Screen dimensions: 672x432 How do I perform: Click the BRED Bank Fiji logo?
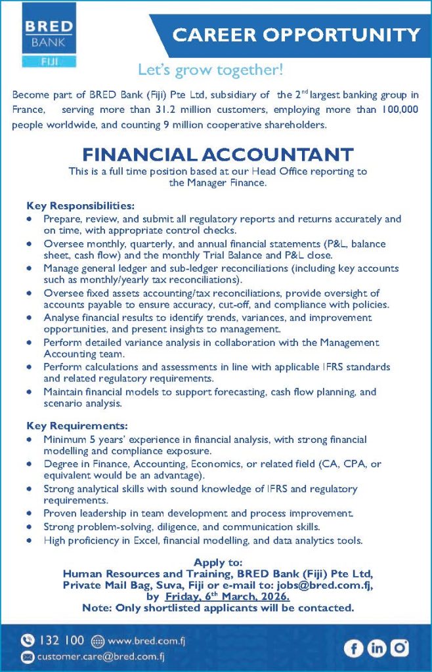pos(49,36)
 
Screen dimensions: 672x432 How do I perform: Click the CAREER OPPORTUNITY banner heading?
pos(296,35)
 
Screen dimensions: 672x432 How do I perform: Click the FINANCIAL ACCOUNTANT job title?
pos(217,155)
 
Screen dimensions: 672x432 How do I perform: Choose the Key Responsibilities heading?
pos(80,205)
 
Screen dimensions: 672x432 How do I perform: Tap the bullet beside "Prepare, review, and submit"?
pos(30,219)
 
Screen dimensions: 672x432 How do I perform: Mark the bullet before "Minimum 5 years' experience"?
pos(30,440)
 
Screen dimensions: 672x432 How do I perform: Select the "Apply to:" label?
pos(218,562)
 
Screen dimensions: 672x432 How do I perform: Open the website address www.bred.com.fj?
pos(135,640)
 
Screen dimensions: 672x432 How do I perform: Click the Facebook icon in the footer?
pos(354,648)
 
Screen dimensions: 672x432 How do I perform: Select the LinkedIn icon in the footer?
pos(377,648)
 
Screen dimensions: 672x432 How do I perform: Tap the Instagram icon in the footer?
pos(399,648)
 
